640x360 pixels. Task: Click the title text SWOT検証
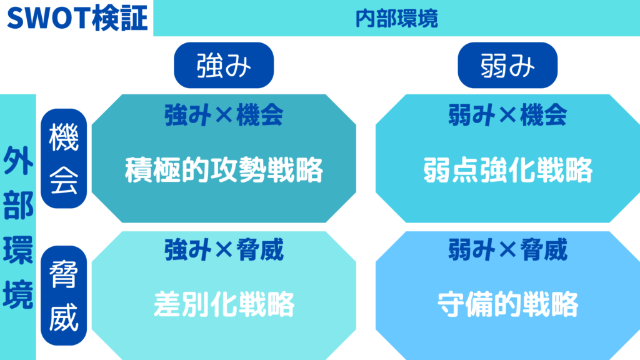pyautogui.click(x=77, y=18)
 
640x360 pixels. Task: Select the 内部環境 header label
pyautogui.click(x=396, y=19)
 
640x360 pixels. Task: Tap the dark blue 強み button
pyautogui.click(x=224, y=65)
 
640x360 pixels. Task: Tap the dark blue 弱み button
pyautogui.click(x=507, y=65)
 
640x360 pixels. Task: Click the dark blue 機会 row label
pyautogui.click(x=64, y=158)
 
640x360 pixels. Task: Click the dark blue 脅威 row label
pyautogui.click(x=64, y=296)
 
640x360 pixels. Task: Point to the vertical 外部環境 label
pyautogui.click(x=18, y=227)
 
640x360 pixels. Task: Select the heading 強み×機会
pyautogui.click(x=224, y=115)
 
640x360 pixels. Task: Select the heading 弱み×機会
pyautogui.click(x=507, y=115)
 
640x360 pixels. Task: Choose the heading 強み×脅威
pyautogui.click(x=224, y=250)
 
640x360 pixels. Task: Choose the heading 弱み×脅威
pyautogui.click(x=507, y=250)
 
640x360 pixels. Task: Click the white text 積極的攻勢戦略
pyautogui.click(x=224, y=170)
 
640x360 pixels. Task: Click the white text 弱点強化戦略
pyautogui.click(x=507, y=170)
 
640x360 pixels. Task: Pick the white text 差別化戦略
pyautogui.click(x=224, y=304)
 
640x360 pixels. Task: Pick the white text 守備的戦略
pyautogui.click(x=507, y=304)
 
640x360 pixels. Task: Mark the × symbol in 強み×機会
pyautogui.click(x=224, y=116)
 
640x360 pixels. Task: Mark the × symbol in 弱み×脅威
pyautogui.click(x=507, y=251)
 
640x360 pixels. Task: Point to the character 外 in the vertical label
pyautogui.click(x=18, y=161)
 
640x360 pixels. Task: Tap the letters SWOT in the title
pyautogui.click(x=49, y=19)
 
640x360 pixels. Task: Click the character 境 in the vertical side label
pyautogui.click(x=18, y=294)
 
